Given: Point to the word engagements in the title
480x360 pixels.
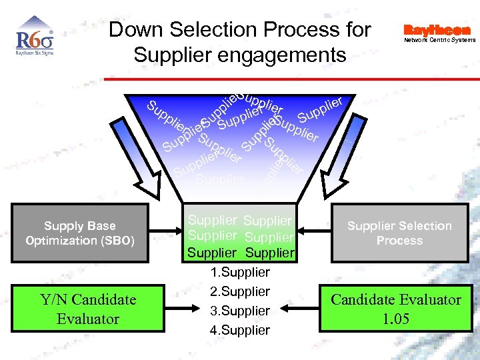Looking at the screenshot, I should pyautogui.click(x=284, y=55).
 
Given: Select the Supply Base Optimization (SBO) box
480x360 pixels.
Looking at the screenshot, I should pyautogui.click(x=79, y=233).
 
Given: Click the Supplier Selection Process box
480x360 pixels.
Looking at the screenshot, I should pyautogui.click(x=399, y=233).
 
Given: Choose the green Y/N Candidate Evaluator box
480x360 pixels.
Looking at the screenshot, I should pyautogui.click(x=87, y=309).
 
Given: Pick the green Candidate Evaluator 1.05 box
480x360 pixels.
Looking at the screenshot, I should pyautogui.click(x=396, y=309).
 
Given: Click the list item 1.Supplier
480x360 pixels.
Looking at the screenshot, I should pyautogui.click(x=240, y=272).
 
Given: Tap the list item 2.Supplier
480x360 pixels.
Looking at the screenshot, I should pyautogui.click(x=240, y=291).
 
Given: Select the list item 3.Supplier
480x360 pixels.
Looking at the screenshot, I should pyautogui.click(x=240, y=311).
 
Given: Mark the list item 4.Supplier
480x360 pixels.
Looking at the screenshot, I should pyautogui.click(x=240, y=330).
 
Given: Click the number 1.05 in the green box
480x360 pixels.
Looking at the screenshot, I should pyautogui.click(x=396, y=319).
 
